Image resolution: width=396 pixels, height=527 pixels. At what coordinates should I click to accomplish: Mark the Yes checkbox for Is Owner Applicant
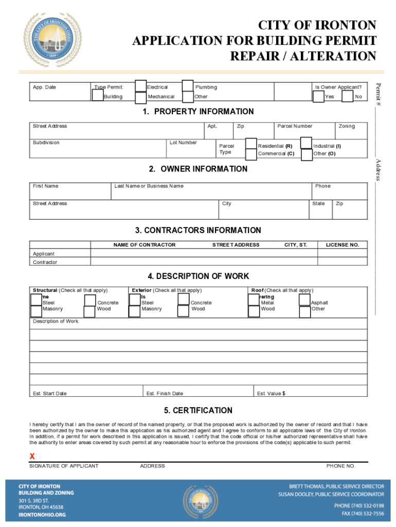click(x=318, y=96)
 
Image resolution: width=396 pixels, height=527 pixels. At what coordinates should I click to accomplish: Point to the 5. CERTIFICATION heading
click(x=198, y=410)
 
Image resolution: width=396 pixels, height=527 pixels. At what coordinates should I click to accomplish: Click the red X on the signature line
click(x=32, y=456)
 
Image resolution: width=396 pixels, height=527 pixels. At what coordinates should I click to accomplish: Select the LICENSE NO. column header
click(x=342, y=245)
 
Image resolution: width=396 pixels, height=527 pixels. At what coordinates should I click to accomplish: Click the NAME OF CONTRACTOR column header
click(x=144, y=245)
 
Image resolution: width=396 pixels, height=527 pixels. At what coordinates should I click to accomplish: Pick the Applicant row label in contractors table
click(x=44, y=254)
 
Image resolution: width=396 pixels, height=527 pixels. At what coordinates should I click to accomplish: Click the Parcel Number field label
click(x=295, y=126)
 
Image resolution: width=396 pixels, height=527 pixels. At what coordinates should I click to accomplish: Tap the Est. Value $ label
click(x=271, y=394)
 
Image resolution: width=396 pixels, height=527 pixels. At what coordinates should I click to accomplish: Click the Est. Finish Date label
click(x=165, y=394)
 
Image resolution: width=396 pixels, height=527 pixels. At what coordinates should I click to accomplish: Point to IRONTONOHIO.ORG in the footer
click(x=42, y=514)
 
